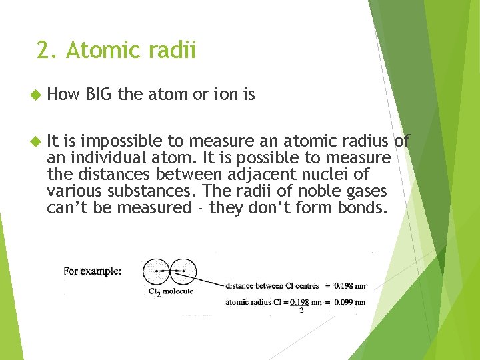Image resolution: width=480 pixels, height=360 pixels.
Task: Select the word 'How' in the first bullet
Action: pyautogui.click(x=63, y=95)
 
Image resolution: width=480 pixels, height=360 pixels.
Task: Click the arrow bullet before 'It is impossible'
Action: pyautogui.click(x=36, y=141)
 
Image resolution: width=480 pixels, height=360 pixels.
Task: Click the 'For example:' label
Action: pyautogui.click(x=93, y=271)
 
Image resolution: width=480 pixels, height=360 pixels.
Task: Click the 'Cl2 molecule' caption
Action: pyautogui.click(x=171, y=292)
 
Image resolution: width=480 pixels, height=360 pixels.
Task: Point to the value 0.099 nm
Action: pyautogui.click(x=350, y=302)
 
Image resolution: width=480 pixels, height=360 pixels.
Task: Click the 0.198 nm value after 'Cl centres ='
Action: pyautogui.click(x=350, y=286)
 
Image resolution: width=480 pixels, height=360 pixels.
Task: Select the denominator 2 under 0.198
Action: pyautogui.click(x=301, y=309)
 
